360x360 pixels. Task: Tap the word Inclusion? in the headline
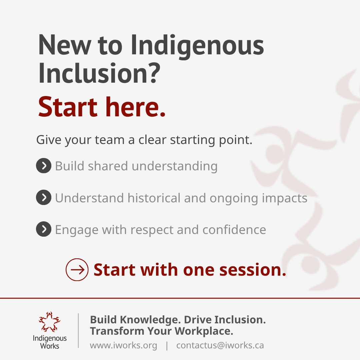click(x=99, y=74)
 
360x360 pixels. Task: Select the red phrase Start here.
click(x=102, y=107)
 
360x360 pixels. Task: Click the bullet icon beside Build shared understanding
click(x=43, y=166)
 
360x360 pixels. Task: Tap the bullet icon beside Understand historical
click(x=43, y=198)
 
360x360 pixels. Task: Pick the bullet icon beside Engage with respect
click(x=43, y=230)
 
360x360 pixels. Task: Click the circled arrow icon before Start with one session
click(x=77, y=270)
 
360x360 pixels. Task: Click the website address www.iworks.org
click(x=123, y=345)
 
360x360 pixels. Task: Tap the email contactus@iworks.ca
click(x=220, y=345)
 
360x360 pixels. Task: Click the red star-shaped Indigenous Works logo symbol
click(x=50, y=322)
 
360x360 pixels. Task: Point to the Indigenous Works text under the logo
click(x=50, y=342)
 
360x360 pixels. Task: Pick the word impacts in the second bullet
click(x=285, y=198)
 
